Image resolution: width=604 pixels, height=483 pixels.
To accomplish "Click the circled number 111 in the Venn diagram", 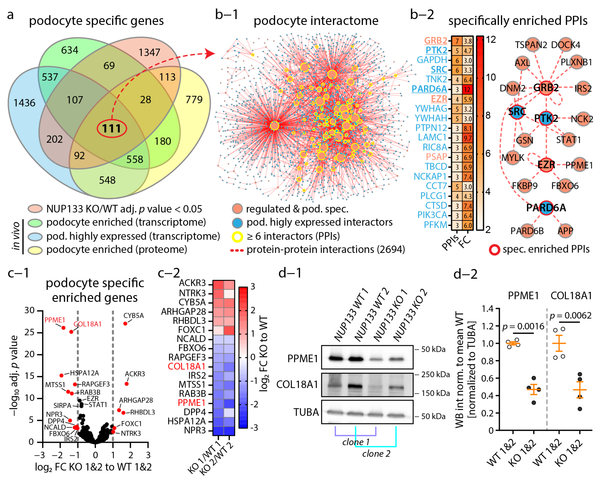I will (112, 128).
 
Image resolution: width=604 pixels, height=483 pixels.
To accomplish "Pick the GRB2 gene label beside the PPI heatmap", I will (435, 41).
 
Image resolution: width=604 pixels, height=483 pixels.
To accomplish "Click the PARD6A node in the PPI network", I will (546, 208).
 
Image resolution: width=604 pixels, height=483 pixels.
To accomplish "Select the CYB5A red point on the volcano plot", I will (125, 324).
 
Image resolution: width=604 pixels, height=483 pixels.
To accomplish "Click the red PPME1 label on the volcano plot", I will (55, 320).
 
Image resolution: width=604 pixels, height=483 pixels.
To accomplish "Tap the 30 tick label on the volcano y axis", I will (29, 310).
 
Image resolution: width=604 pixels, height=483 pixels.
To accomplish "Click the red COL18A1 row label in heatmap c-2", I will (187, 366).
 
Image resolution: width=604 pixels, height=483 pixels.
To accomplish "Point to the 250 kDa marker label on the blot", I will (436, 375).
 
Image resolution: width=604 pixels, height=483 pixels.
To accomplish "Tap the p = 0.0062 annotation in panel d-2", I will (571, 316).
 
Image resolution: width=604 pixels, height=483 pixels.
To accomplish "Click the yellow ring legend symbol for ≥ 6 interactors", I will (237, 236).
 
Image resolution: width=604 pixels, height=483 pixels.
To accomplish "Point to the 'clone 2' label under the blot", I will (376, 454).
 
